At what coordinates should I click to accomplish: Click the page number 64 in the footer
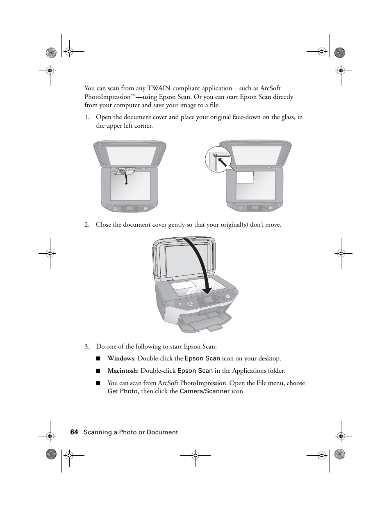click(x=74, y=432)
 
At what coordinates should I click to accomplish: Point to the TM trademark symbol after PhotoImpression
click(x=133, y=95)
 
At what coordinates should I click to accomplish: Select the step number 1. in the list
click(x=87, y=117)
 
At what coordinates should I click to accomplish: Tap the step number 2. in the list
click(x=87, y=225)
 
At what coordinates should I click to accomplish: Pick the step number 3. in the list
click(x=87, y=346)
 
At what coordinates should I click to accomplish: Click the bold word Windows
click(x=120, y=358)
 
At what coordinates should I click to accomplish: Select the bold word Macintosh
click(x=122, y=371)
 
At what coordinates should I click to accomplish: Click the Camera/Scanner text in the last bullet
click(x=205, y=391)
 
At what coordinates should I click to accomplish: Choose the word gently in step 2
click(x=184, y=225)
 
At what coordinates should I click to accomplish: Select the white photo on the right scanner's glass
click(x=245, y=177)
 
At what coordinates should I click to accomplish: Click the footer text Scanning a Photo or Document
click(x=131, y=432)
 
